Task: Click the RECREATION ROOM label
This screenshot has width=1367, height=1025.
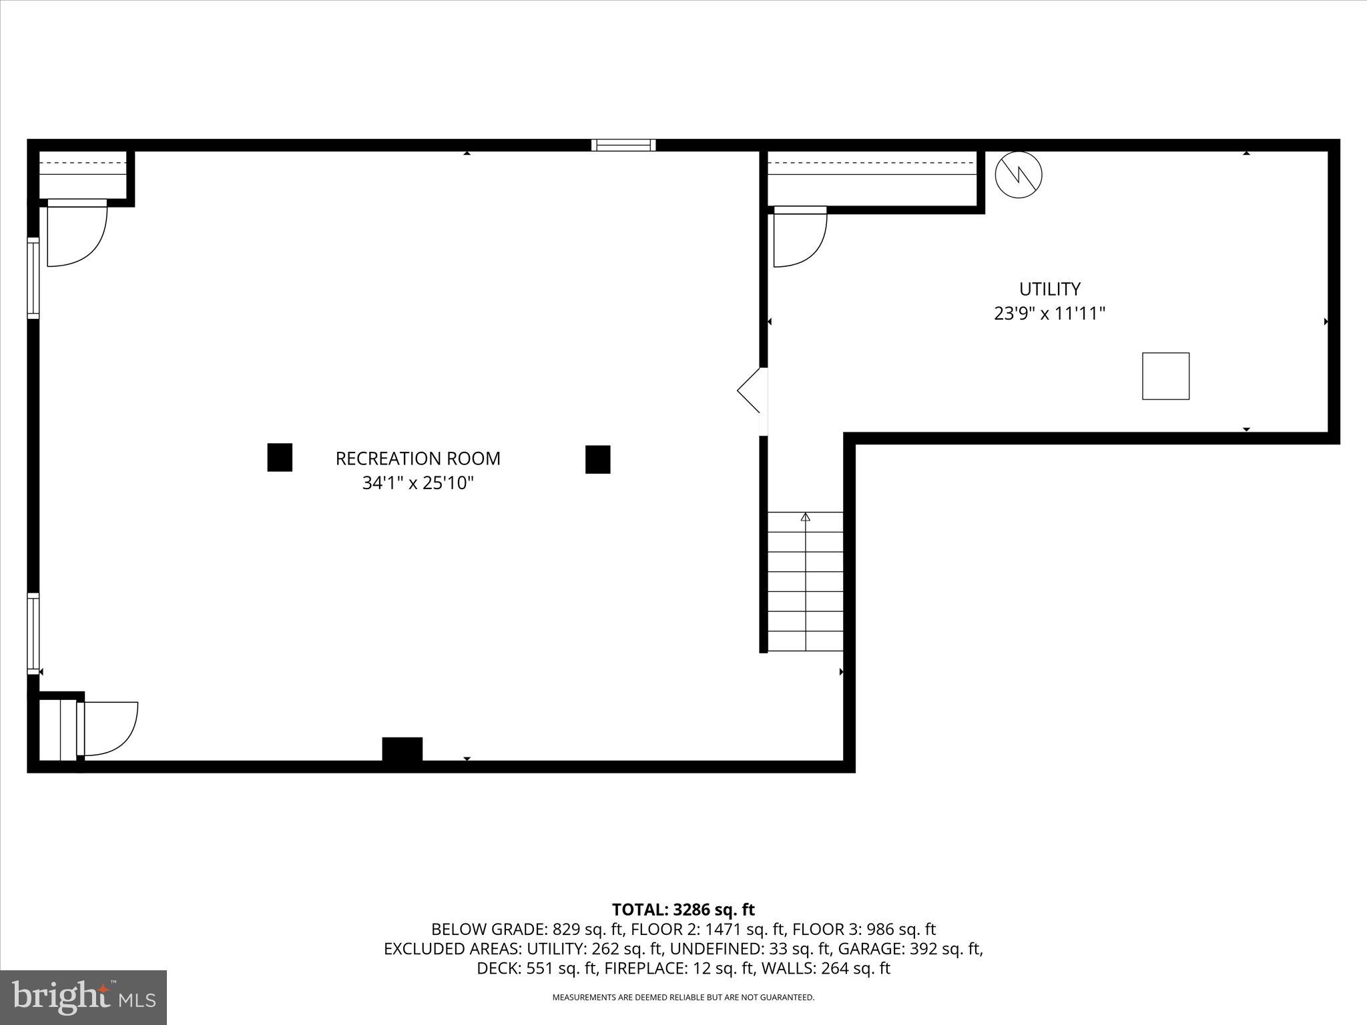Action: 418,458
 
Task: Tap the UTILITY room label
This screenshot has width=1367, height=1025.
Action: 1049,289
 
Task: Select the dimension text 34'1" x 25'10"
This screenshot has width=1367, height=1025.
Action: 418,482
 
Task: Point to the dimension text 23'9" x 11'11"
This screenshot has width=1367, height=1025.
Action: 1049,313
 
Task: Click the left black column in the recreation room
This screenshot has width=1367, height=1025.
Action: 280,458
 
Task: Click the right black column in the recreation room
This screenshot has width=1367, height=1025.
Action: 597,459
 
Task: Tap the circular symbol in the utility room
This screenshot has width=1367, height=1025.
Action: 1018,176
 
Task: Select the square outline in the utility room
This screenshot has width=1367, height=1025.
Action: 1165,376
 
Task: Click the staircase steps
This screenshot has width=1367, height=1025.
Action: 805,581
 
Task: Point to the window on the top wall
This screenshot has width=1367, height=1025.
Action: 623,145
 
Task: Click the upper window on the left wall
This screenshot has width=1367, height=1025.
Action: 33,278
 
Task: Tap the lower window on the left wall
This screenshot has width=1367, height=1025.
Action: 33,633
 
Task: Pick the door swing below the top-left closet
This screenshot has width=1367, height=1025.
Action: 76,234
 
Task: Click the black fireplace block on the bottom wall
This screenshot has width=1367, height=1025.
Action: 402,749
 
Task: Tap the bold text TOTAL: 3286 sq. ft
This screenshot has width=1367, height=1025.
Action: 683,910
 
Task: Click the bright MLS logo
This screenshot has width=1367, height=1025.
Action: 83,998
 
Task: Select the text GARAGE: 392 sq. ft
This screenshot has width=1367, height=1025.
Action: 910,948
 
